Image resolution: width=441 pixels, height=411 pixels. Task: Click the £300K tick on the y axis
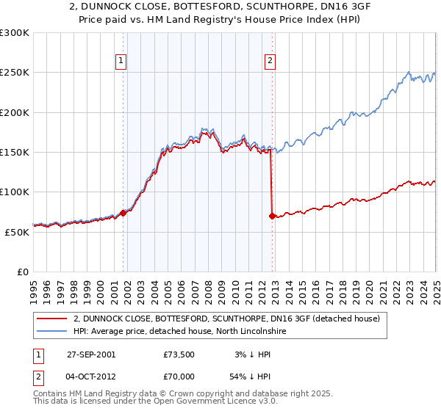(15, 33)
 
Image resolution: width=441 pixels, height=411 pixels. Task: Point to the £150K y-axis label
(15, 153)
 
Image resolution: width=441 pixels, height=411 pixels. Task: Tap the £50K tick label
(17, 232)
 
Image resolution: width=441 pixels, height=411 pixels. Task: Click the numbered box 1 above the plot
(121, 62)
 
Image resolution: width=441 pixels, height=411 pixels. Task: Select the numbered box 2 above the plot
(270, 62)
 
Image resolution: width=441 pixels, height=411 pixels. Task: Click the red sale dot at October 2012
(272, 216)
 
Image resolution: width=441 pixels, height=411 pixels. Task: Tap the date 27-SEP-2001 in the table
(91, 354)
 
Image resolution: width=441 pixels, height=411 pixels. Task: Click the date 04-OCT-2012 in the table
(91, 375)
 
